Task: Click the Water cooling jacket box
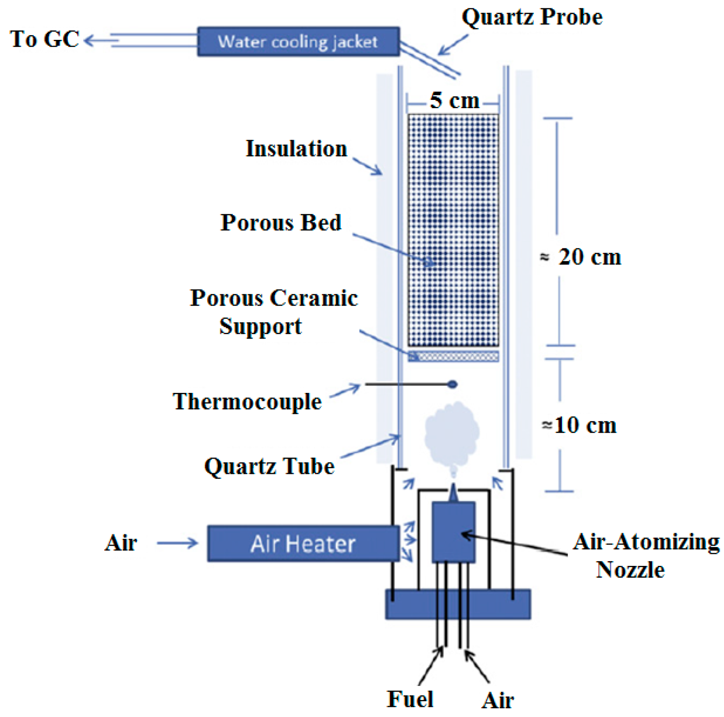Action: (298, 42)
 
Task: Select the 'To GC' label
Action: (44, 39)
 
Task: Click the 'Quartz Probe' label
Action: (532, 17)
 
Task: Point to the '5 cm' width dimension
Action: (454, 101)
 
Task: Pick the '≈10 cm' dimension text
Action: (579, 425)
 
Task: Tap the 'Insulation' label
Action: (296, 148)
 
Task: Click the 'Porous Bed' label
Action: (281, 223)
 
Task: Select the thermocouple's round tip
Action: (452, 385)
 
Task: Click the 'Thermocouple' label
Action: (247, 401)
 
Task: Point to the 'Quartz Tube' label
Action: (269, 466)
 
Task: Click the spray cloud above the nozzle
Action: (451, 434)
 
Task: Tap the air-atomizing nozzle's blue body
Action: (453, 532)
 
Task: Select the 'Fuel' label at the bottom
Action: (410, 699)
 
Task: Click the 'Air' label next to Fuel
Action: (497, 700)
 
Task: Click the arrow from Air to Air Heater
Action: (177, 543)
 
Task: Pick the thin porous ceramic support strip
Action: (453, 356)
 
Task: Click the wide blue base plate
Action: (457, 604)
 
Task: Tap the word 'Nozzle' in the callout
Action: (630, 570)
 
